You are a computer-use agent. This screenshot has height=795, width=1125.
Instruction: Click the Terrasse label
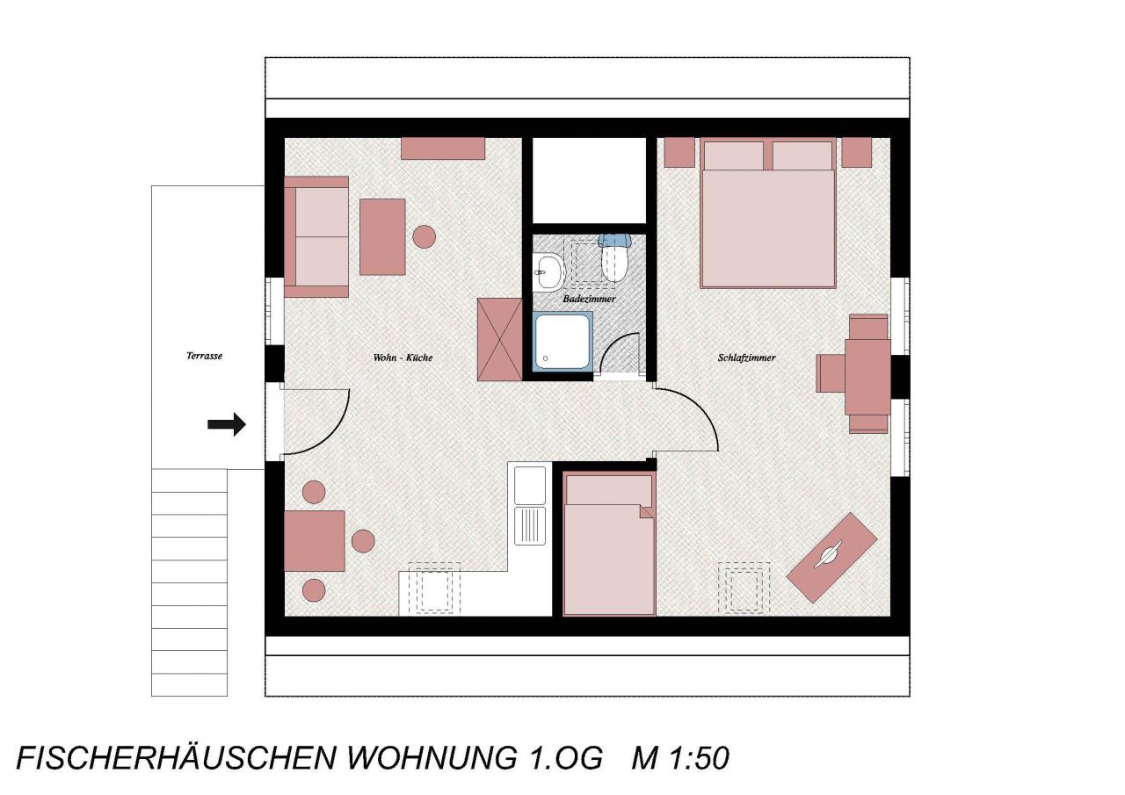point(204,356)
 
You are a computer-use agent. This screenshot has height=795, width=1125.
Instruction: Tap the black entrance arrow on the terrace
point(227,424)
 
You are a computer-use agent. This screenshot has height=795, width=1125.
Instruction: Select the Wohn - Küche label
point(403,358)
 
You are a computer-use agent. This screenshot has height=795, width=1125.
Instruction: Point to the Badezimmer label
point(589,300)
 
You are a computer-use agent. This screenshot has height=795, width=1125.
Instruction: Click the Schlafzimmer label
point(746,358)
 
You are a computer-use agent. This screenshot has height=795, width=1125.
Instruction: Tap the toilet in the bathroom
point(613,257)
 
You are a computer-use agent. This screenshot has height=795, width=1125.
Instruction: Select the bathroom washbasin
point(549,271)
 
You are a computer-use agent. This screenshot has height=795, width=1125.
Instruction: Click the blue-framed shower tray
point(562,342)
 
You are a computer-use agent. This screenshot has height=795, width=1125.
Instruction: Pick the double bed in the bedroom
point(767,213)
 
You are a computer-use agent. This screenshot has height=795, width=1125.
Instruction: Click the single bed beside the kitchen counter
point(609,544)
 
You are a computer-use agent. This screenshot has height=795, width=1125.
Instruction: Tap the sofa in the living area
point(316,237)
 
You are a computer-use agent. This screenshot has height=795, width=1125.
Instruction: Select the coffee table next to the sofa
point(382,237)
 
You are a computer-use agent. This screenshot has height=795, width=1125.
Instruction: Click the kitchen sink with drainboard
point(530,506)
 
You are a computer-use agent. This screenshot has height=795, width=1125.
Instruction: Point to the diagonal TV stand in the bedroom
point(831,558)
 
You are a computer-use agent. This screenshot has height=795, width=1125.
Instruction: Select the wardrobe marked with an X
point(500,339)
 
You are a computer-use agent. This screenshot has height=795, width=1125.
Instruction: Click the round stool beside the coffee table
point(424,236)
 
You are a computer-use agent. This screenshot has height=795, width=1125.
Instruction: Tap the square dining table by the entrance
point(315,541)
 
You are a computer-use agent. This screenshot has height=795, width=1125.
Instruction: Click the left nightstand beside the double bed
point(679,153)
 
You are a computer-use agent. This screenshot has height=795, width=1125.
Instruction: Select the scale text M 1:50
point(680,757)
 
